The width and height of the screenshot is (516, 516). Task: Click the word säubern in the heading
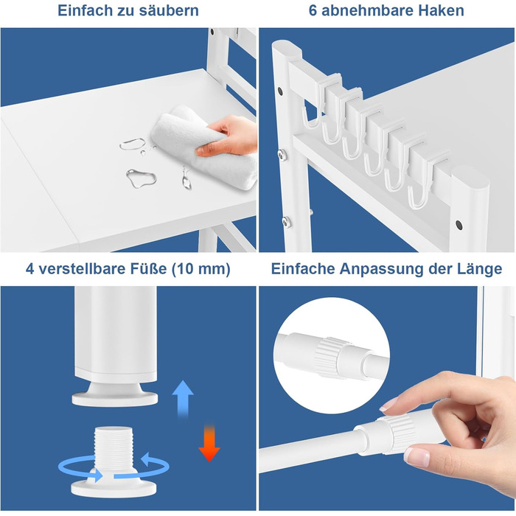169,10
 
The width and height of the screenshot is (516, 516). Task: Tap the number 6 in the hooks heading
313,10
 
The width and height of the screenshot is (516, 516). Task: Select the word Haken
442,10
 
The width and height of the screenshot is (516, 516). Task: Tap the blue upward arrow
183,399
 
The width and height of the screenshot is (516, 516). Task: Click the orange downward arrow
209,443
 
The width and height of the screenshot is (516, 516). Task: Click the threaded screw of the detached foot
114,447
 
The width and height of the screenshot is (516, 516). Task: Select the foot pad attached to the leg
114,394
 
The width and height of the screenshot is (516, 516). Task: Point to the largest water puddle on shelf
142,178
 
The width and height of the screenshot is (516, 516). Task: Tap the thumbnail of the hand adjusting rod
416,457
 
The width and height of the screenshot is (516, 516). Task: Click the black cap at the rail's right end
459,225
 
